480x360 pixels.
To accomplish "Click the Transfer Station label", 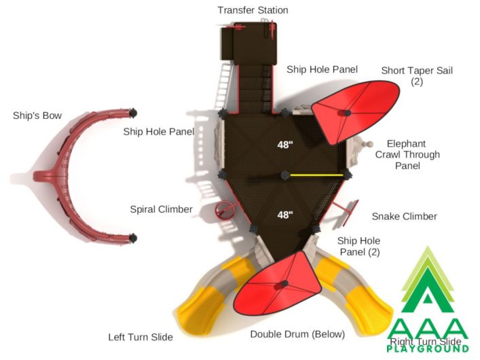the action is (253, 10).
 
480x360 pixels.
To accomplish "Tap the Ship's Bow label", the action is (37, 115).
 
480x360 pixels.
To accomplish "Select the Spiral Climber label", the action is (162, 210).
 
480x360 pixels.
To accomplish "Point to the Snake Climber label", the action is (405, 217).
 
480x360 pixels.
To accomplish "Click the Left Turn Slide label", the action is (141, 337).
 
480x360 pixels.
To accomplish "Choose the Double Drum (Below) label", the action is (297, 334).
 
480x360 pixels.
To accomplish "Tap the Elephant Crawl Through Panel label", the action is (407, 155).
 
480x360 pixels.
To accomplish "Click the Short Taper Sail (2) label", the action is (417, 76).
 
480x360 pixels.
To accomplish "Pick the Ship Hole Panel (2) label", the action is (359, 247).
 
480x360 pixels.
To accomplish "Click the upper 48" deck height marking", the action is (285, 145).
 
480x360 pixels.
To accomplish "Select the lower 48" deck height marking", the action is (285, 215).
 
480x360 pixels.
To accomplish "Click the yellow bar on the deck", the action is (316, 175).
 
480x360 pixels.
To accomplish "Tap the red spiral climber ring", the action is (225, 210).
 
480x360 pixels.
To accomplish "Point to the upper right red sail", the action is (356, 111).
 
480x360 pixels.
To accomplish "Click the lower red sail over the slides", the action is (277, 284).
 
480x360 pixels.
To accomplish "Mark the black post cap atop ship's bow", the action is (133, 113).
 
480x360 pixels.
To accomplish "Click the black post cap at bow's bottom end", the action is (133, 238).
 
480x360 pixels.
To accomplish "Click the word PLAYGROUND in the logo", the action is (428, 348).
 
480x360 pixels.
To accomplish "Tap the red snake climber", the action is (346, 213).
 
